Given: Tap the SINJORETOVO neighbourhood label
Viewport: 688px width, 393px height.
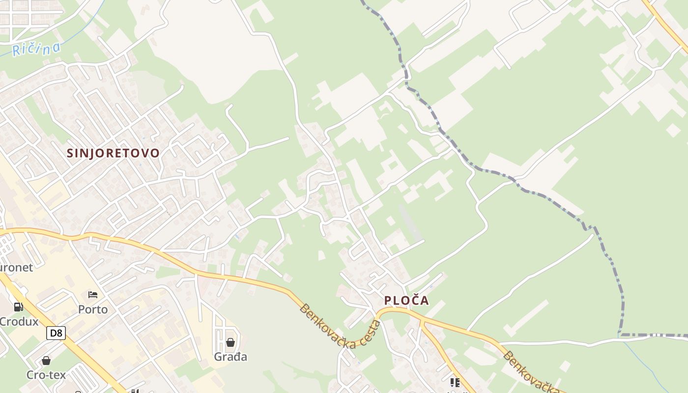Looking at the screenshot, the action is click(113, 153).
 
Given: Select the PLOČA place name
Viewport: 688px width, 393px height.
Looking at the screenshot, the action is click(406, 300).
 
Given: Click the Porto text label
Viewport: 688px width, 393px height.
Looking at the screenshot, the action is click(93, 309).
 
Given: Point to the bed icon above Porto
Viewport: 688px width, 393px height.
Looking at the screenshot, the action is click(93, 295).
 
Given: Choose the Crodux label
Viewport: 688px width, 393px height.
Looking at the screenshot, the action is click(19, 322).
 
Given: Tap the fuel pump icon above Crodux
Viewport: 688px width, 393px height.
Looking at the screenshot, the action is click(18, 307).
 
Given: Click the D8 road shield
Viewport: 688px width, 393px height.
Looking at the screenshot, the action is click(57, 333).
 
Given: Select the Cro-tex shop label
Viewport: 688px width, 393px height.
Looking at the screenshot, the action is click(46, 375).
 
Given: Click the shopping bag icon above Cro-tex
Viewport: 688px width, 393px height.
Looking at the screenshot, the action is click(46, 361).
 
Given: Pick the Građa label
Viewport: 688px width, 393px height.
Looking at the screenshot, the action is click(230, 357).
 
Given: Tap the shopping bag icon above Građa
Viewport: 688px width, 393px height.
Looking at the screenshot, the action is click(230, 342).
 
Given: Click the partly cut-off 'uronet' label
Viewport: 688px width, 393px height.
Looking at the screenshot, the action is click(16, 268).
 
